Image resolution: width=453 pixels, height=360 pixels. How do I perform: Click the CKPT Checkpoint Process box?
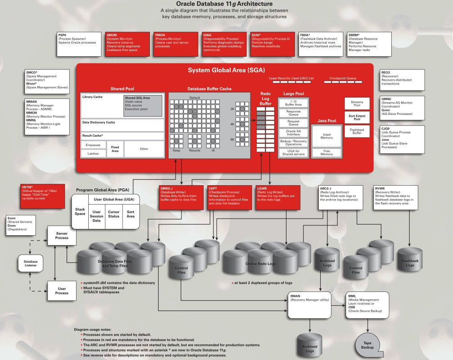(x=229, y=197)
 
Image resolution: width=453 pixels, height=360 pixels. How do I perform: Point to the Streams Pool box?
(x=357, y=104)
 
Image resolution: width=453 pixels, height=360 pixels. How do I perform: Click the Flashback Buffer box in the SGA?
(x=357, y=131)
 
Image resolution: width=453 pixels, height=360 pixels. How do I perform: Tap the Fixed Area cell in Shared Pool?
(x=115, y=149)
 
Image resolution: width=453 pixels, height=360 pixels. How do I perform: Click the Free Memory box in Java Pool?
(x=326, y=152)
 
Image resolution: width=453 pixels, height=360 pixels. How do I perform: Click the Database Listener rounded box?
(x=31, y=264)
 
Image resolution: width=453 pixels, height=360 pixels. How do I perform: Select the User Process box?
(x=62, y=291)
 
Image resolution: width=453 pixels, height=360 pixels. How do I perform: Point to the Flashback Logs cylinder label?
(x=410, y=263)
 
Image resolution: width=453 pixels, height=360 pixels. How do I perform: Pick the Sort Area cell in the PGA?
(x=131, y=214)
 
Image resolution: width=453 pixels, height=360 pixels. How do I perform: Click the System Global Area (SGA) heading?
(x=226, y=70)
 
